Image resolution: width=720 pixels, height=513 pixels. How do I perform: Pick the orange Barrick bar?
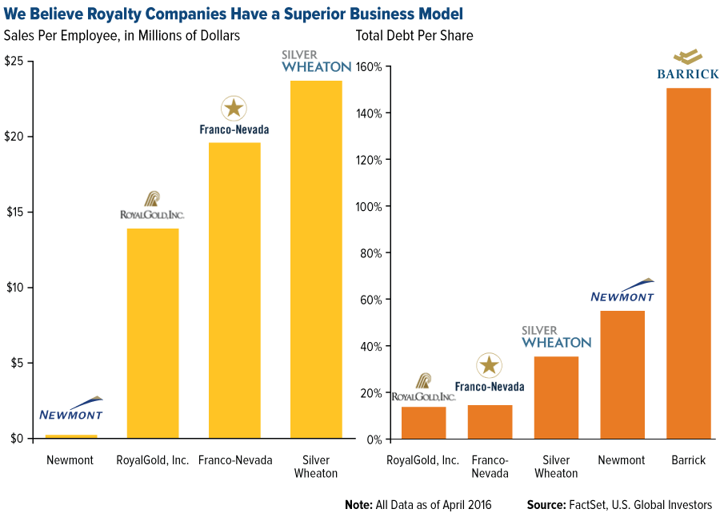point(689,263)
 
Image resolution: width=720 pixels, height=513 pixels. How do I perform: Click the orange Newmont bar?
point(622,374)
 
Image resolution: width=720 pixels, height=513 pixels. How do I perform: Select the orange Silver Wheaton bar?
point(556,397)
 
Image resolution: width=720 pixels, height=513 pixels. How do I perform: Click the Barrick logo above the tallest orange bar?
point(687,66)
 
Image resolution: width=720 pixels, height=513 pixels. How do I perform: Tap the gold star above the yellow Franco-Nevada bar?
point(234,107)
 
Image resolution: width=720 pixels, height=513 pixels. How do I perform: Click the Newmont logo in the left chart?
point(71,409)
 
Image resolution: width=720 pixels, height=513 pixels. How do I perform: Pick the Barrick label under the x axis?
point(689,460)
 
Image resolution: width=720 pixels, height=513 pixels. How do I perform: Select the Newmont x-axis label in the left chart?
point(71,460)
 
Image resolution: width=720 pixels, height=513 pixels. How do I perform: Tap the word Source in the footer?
point(546,504)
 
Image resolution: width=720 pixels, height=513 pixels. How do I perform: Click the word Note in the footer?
point(361,504)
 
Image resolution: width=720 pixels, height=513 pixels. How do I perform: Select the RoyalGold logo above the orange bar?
point(423,387)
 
